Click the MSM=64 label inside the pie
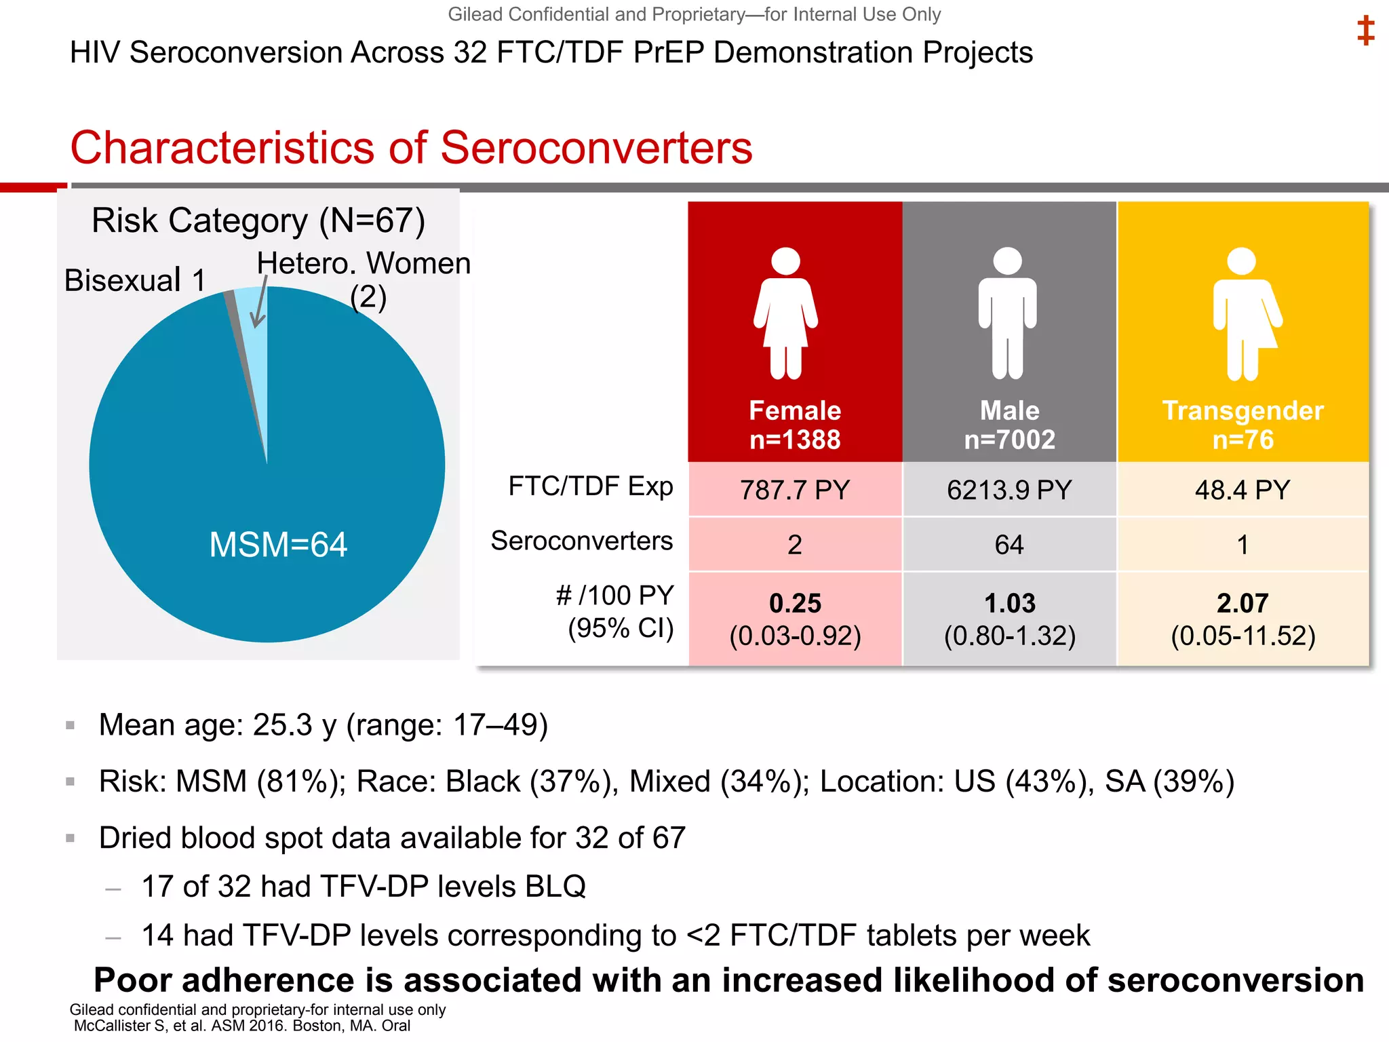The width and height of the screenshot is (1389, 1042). (278, 544)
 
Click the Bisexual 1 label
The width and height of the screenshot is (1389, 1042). (134, 280)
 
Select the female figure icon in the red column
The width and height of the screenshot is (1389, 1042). (786, 313)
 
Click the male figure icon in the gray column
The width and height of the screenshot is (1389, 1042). (1007, 313)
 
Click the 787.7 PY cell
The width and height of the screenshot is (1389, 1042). (795, 490)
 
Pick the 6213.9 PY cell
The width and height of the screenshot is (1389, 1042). (1009, 490)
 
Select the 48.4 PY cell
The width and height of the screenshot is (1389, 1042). (1243, 490)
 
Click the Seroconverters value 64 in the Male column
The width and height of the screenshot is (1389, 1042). (1009, 545)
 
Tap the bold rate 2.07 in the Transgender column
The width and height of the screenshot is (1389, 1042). (1243, 603)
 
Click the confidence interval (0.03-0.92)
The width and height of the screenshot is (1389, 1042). (795, 636)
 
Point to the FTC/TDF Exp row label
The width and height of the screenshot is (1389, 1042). (590, 486)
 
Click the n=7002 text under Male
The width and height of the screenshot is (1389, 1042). (1009, 440)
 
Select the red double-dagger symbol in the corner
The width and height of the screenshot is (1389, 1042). (1365, 31)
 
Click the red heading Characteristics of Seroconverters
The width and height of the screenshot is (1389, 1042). (411, 147)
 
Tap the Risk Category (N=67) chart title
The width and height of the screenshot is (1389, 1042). (258, 220)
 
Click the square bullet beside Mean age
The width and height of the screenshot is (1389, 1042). (70, 725)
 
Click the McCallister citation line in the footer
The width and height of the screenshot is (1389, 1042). (241, 1026)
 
